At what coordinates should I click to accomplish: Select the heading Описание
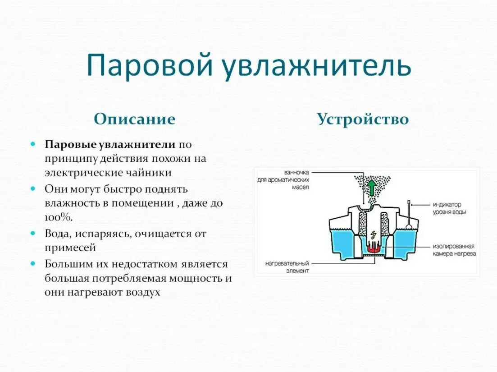pyautogui.click(x=134, y=119)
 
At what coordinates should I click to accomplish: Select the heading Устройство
pyautogui.click(x=363, y=119)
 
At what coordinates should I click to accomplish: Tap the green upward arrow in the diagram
pyautogui.click(x=371, y=186)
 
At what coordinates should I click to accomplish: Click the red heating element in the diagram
pyautogui.click(x=374, y=248)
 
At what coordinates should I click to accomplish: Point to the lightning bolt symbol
pyautogui.click(x=373, y=235)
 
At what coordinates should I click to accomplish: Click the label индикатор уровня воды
pyautogui.click(x=451, y=208)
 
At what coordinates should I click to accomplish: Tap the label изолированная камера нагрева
pyautogui.click(x=454, y=250)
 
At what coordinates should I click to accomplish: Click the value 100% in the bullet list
pyautogui.click(x=58, y=217)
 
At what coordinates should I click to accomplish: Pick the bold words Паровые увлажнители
pyautogui.click(x=109, y=145)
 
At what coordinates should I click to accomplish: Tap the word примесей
pyautogui.click(x=70, y=248)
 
